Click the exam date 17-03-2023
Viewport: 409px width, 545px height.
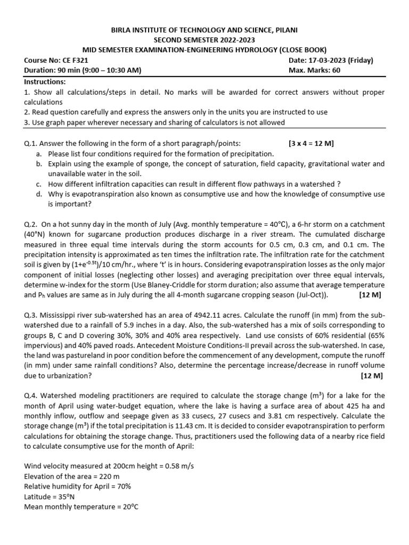click(333, 60)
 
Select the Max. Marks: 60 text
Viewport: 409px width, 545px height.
click(314, 70)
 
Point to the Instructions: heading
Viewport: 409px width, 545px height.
click(45, 82)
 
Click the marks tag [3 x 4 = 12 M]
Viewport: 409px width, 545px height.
click(311, 143)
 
